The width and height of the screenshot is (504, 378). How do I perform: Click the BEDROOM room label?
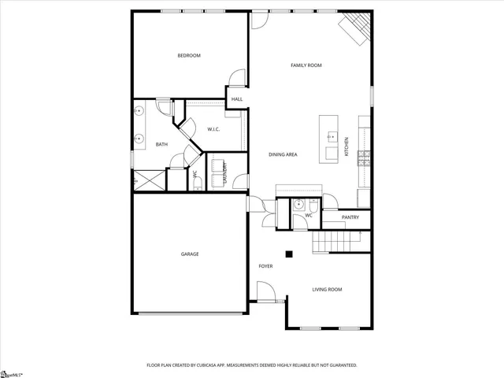[x=189, y=55]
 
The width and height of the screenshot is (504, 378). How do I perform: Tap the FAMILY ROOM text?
[x=306, y=65]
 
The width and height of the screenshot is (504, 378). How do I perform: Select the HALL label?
[x=236, y=99]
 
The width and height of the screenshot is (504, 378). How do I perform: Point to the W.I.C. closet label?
[x=213, y=129]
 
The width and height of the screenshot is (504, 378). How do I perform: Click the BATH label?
[x=161, y=144]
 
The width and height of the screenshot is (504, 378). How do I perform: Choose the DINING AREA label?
[x=282, y=154]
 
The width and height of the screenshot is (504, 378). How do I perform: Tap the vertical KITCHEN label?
[x=346, y=146]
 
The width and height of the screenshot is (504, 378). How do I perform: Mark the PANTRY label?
[x=350, y=217]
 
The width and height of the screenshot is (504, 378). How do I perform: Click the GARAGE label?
[x=190, y=254]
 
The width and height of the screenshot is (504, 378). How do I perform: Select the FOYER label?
[x=265, y=266]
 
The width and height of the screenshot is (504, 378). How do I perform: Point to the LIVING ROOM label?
[x=327, y=290]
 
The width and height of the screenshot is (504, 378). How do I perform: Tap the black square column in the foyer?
[x=289, y=254]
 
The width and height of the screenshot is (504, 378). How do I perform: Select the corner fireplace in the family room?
[x=354, y=28]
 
